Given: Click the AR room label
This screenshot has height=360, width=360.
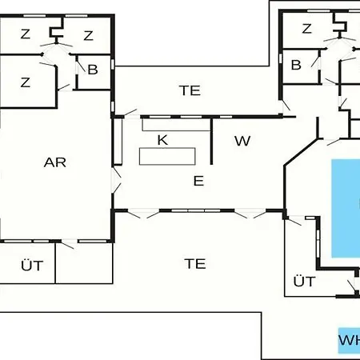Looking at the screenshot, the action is tap(55, 162).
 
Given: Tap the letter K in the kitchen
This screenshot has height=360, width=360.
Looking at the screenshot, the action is tap(162, 140).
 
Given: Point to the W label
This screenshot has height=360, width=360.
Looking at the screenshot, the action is tap(242, 141).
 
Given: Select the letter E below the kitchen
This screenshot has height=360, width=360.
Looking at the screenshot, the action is tap(198, 181).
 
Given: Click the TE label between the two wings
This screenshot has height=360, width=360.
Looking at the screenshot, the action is tap(190, 90).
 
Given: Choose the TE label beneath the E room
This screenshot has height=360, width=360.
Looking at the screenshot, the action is tap(195, 264).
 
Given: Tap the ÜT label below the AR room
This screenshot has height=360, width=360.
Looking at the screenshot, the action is tap(32, 266).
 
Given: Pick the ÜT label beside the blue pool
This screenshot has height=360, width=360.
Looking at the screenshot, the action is tap(305, 281).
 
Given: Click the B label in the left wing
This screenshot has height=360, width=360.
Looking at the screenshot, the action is tap(93, 70).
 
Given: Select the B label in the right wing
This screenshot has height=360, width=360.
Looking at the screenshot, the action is tap(296, 65).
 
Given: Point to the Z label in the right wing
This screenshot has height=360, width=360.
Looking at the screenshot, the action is tap(306, 29).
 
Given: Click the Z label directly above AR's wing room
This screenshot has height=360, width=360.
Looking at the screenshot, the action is tap(26, 82).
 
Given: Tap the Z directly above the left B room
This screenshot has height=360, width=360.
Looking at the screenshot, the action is tap(88, 35).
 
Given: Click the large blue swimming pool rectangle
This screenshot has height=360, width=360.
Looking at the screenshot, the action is tap(346, 208).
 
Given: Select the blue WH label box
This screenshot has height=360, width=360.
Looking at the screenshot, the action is tap(349, 341).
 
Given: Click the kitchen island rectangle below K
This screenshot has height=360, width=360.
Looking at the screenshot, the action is tap(167, 156).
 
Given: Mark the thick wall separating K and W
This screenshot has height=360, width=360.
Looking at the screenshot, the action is tap(211, 141).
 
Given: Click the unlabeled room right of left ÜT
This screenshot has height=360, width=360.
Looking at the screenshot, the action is tap(84, 263).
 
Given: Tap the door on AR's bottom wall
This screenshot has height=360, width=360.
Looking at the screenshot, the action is tap(69, 243).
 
